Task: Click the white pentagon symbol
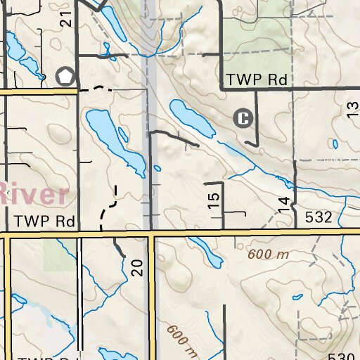point(66,76)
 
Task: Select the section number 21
point(67,20)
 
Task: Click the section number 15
point(214,200)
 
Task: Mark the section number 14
point(283,205)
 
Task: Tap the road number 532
point(319,218)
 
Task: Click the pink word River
point(33,192)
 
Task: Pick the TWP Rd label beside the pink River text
point(44,221)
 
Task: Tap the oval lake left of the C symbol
point(191,118)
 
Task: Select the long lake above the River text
point(113,141)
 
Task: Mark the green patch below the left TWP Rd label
point(59,253)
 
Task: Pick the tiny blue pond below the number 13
point(335,144)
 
